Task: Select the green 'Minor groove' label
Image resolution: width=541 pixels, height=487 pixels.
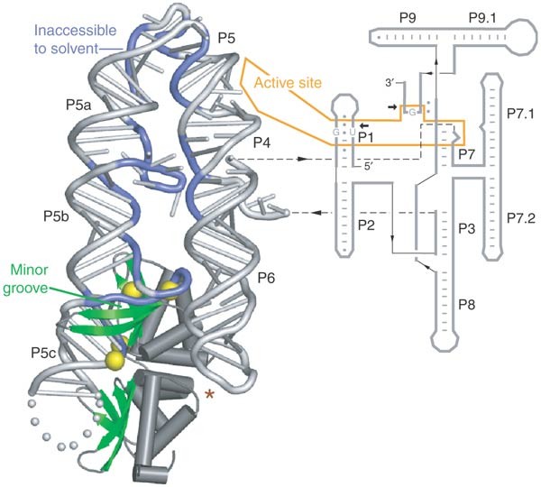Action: pyautogui.click(x=32, y=277)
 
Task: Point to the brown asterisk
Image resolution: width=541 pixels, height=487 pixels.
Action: pyautogui.click(x=210, y=394)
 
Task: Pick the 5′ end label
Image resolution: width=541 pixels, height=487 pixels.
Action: pyautogui.click(x=366, y=165)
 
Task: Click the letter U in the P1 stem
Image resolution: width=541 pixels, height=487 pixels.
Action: pyautogui.click(x=352, y=133)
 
